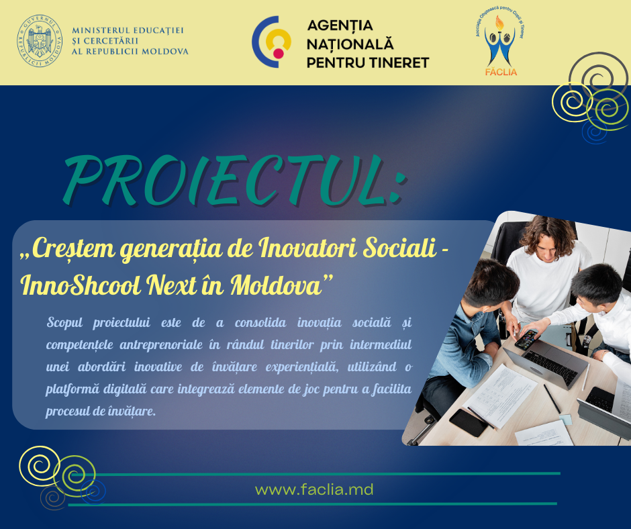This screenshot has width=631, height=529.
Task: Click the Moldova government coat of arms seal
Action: coord(40,42)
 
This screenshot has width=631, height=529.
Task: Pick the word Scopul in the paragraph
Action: coord(66,322)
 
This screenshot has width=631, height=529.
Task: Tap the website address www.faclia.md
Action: coord(314,490)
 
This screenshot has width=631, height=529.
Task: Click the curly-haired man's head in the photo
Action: coord(546,238)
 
